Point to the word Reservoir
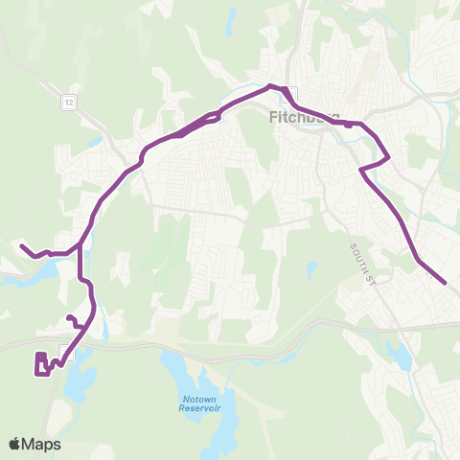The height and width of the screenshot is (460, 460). click(198, 408)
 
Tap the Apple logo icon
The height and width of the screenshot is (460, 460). click(15, 444)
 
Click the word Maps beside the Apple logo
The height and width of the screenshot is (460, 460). click(43, 444)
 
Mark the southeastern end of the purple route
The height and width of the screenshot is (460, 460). click(445, 282)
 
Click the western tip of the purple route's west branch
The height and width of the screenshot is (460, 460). click(22, 246)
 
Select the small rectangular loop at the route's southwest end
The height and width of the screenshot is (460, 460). click(42, 365)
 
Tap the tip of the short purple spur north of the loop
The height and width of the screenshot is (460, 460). click(68, 317)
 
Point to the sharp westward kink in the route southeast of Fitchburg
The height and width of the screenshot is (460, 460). click(361, 170)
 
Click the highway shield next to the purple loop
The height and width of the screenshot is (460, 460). click(65, 350)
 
